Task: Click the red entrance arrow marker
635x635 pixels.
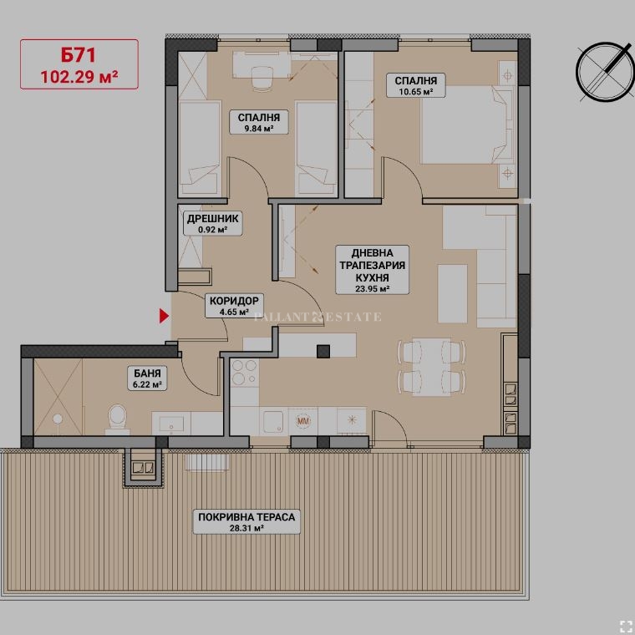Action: [x=164, y=316]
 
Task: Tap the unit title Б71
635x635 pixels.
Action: [x=79, y=55]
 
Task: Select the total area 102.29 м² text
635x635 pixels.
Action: [x=79, y=77]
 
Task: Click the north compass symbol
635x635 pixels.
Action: [x=606, y=72]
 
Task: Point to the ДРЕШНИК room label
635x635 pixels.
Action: [x=212, y=219]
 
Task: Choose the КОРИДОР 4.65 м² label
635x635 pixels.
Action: [x=234, y=306]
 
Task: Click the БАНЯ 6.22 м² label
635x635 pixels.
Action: [x=147, y=378]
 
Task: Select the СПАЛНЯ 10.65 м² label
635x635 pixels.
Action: [x=416, y=85]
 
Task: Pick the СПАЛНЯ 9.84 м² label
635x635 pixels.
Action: [x=259, y=122]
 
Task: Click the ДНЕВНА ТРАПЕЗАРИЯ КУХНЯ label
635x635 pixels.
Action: [x=372, y=270]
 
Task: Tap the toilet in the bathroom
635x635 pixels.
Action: [x=118, y=419]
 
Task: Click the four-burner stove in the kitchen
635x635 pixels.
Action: [x=245, y=372]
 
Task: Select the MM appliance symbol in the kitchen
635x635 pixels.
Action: [x=303, y=421]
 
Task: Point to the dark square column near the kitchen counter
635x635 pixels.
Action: [x=323, y=351]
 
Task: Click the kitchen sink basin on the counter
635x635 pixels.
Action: [x=273, y=422]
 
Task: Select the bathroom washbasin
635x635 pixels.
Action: [x=171, y=424]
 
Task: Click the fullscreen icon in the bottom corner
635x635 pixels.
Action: [x=626, y=626]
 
